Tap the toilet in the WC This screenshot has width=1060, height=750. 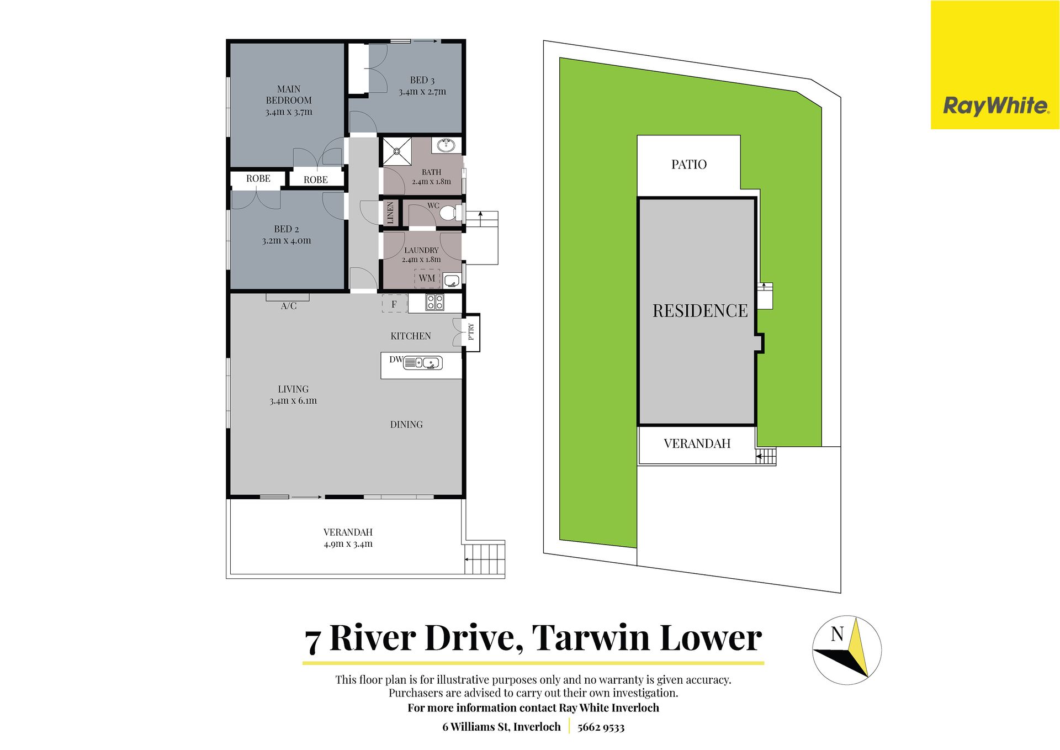point(451,212)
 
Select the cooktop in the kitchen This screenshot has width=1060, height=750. point(434,302)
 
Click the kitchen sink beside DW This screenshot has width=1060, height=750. point(423,363)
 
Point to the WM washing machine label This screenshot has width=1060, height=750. point(427,278)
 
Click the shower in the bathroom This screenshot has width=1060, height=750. point(397,151)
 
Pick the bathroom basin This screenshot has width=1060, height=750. point(446,145)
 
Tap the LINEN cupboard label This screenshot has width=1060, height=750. point(390,213)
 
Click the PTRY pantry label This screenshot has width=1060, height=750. point(471,331)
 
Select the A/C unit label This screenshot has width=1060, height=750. point(289,306)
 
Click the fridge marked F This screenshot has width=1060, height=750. point(394,304)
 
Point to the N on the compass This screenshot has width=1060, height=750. point(837,634)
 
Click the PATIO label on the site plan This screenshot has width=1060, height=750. point(689,165)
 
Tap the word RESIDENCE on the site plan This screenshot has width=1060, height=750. point(700,311)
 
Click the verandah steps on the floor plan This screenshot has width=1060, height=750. point(484,559)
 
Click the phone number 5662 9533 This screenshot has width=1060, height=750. point(601,727)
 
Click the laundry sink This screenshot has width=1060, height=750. point(452,281)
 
